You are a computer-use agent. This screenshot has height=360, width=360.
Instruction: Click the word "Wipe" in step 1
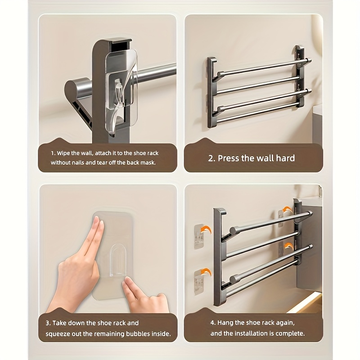63,153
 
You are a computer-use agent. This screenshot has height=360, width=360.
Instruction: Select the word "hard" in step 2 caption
285,158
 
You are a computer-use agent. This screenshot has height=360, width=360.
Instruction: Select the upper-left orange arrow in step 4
206,230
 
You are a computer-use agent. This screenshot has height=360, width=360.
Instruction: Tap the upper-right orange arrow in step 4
287,210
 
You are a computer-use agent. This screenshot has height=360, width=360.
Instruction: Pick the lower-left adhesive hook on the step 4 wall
199,283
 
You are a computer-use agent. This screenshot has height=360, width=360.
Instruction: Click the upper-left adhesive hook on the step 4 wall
199,237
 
